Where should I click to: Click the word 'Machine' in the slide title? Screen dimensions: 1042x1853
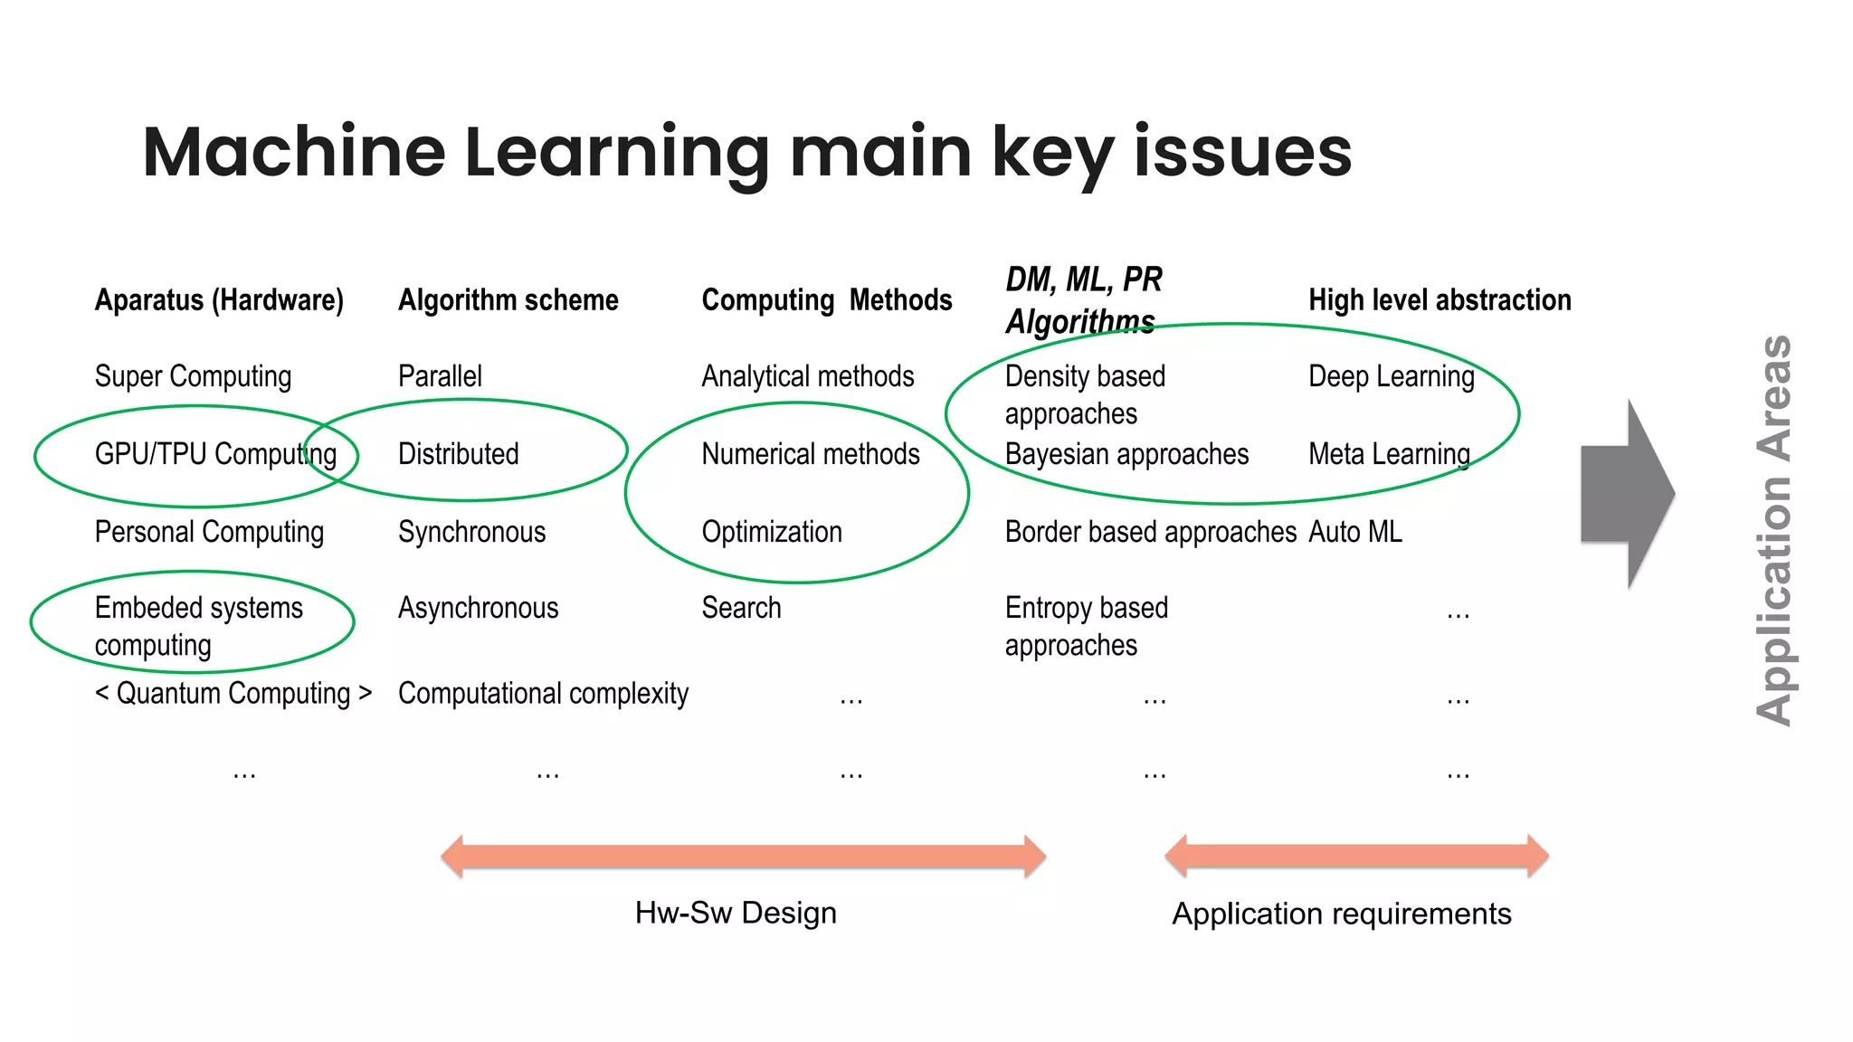(x=294, y=152)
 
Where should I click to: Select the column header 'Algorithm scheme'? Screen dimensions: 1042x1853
(x=508, y=299)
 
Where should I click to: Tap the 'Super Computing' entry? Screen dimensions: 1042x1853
(x=193, y=376)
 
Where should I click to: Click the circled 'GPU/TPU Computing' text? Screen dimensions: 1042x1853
(x=215, y=454)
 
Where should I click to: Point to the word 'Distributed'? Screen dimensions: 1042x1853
(x=459, y=454)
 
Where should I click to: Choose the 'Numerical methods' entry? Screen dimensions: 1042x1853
(x=810, y=454)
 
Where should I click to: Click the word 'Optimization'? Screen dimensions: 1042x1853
(x=772, y=532)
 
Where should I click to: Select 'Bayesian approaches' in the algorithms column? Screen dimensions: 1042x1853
(x=1126, y=454)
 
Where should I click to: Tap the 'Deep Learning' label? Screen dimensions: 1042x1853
(x=1391, y=376)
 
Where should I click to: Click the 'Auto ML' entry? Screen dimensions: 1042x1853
(x=1354, y=532)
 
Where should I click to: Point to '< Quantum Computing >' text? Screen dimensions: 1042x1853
(x=233, y=693)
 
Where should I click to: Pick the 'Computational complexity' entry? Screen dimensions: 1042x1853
(x=543, y=693)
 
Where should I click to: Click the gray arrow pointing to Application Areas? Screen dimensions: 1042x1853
(x=1626, y=494)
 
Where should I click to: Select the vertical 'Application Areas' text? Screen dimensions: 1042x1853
(x=1773, y=530)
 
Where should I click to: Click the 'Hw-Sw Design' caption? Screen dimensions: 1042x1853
(x=736, y=913)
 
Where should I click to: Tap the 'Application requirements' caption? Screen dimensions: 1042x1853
(x=1341, y=914)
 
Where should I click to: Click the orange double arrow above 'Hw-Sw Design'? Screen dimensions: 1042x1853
(x=743, y=856)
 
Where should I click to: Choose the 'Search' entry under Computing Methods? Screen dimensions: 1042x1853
(x=741, y=608)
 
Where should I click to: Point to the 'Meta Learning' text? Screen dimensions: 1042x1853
(x=1389, y=454)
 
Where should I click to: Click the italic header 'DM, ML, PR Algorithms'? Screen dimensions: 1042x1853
(x=1083, y=300)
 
